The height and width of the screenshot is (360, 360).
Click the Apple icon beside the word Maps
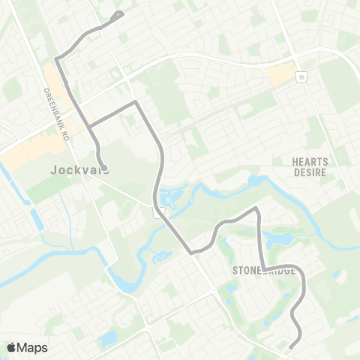point(11,346)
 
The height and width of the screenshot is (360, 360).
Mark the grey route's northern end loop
point(118,14)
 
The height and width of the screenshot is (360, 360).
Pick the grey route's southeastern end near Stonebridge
point(289,346)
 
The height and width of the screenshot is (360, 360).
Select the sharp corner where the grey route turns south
point(136,101)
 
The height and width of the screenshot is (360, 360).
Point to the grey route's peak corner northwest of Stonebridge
point(257,208)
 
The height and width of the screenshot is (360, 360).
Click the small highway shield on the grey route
point(158,213)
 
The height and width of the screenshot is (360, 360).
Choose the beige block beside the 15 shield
point(280,74)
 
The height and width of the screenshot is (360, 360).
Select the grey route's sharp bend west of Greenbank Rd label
point(58,56)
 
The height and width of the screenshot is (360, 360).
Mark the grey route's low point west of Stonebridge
point(193,253)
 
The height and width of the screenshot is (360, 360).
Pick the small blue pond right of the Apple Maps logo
point(109,337)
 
